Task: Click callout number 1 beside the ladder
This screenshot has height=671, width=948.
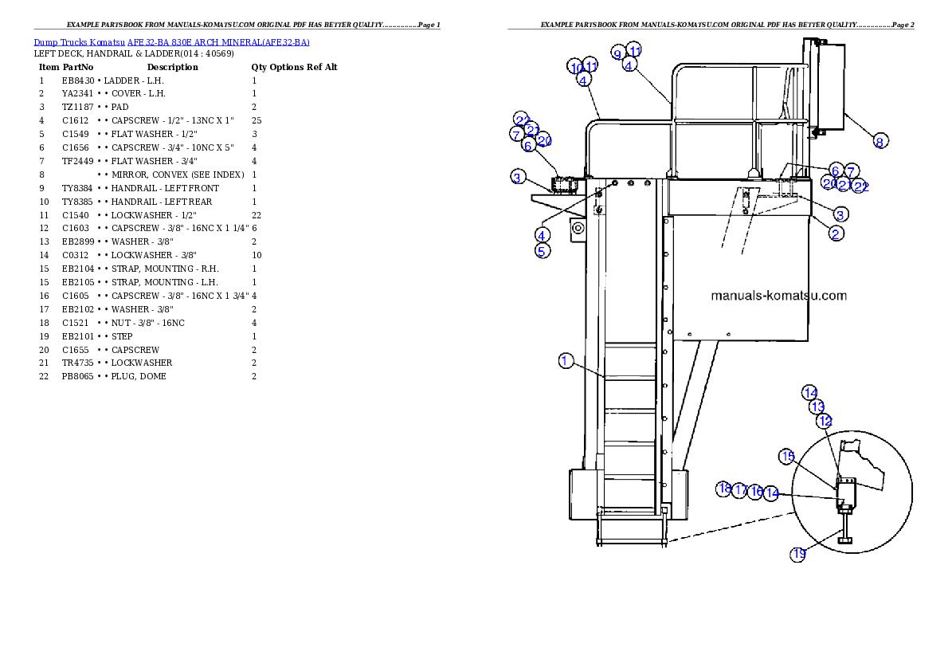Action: (x=565, y=361)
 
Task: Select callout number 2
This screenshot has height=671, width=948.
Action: (x=836, y=233)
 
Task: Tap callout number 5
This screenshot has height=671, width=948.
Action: (x=542, y=250)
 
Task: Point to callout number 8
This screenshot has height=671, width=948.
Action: (x=879, y=141)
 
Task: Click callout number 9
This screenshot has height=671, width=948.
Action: (x=618, y=53)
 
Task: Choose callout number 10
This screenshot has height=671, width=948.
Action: (x=576, y=67)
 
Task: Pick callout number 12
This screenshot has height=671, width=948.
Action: (x=825, y=420)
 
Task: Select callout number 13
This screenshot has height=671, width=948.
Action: (x=817, y=406)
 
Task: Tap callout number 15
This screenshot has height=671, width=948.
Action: (x=787, y=456)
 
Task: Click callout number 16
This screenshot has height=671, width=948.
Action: (x=756, y=492)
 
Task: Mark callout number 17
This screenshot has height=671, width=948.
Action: (x=740, y=490)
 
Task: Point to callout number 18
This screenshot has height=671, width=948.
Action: (x=723, y=489)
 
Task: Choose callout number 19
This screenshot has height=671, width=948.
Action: (x=798, y=554)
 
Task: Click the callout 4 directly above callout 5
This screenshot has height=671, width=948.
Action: (x=542, y=235)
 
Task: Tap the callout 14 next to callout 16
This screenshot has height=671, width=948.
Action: (x=771, y=494)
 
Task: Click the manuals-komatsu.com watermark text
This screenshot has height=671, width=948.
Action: (x=778, y=296)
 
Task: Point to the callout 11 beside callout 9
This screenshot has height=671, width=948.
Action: (x=634, y=49)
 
